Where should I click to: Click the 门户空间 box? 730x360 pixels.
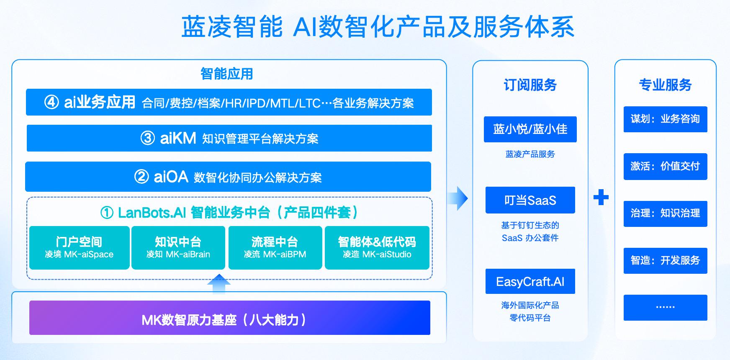click(x=79, y=247)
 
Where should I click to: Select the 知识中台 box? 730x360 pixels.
click(x=178, y=247)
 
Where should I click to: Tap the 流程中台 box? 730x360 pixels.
click(x=275, y=247)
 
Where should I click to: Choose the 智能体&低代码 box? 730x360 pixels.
click(x=377, y=247)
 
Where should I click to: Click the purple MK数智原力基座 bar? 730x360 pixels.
click(x=229, y=318)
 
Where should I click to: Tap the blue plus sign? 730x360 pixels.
click(x=601, y=197)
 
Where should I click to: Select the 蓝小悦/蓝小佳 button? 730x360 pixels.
click(x=530, y=129)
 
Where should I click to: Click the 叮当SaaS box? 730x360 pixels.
click(x=530, y=200)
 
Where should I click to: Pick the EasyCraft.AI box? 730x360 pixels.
click(x=530, y=281)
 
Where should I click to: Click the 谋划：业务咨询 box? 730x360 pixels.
click(x=665, y=119)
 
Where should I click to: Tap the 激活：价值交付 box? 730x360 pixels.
click(x=665, y=167)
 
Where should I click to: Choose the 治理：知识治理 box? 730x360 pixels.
click(x=665, y=213)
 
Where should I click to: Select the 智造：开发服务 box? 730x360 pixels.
click(x=665, y=261)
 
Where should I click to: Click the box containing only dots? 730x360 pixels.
click(x=665, y=308)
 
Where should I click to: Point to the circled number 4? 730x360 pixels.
click(x=51, y=102)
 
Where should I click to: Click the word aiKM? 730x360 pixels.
click(x=178, y=138)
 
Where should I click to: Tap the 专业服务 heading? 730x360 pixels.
click(x=665, y=85)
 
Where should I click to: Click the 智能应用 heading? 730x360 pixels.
click(x=226, y=74)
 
